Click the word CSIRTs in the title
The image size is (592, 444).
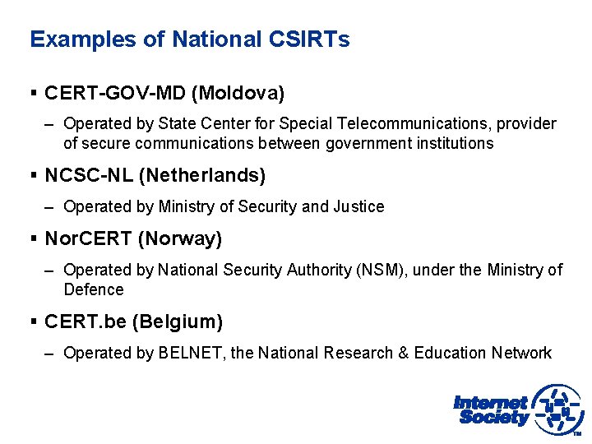point(309,39)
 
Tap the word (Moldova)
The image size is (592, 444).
point(238,94)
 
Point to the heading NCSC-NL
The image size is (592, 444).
point(91,175)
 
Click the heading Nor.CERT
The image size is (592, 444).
point(88,239)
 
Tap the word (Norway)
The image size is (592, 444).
point(180,239)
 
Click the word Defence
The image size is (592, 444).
point(94,289)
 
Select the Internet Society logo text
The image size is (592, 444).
point(491,409)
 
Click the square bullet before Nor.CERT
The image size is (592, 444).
point(34,239)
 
